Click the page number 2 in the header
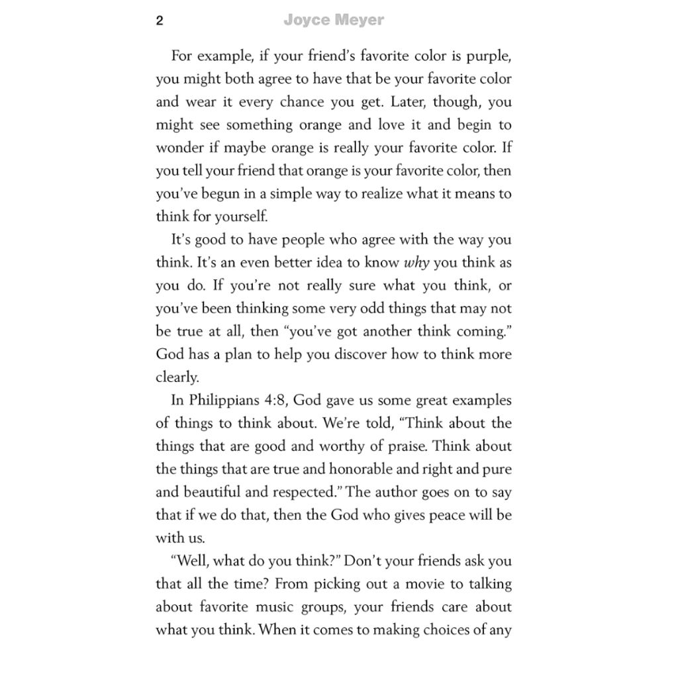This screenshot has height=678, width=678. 160,21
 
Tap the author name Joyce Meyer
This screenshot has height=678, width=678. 334,21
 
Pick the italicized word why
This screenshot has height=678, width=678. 417,263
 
